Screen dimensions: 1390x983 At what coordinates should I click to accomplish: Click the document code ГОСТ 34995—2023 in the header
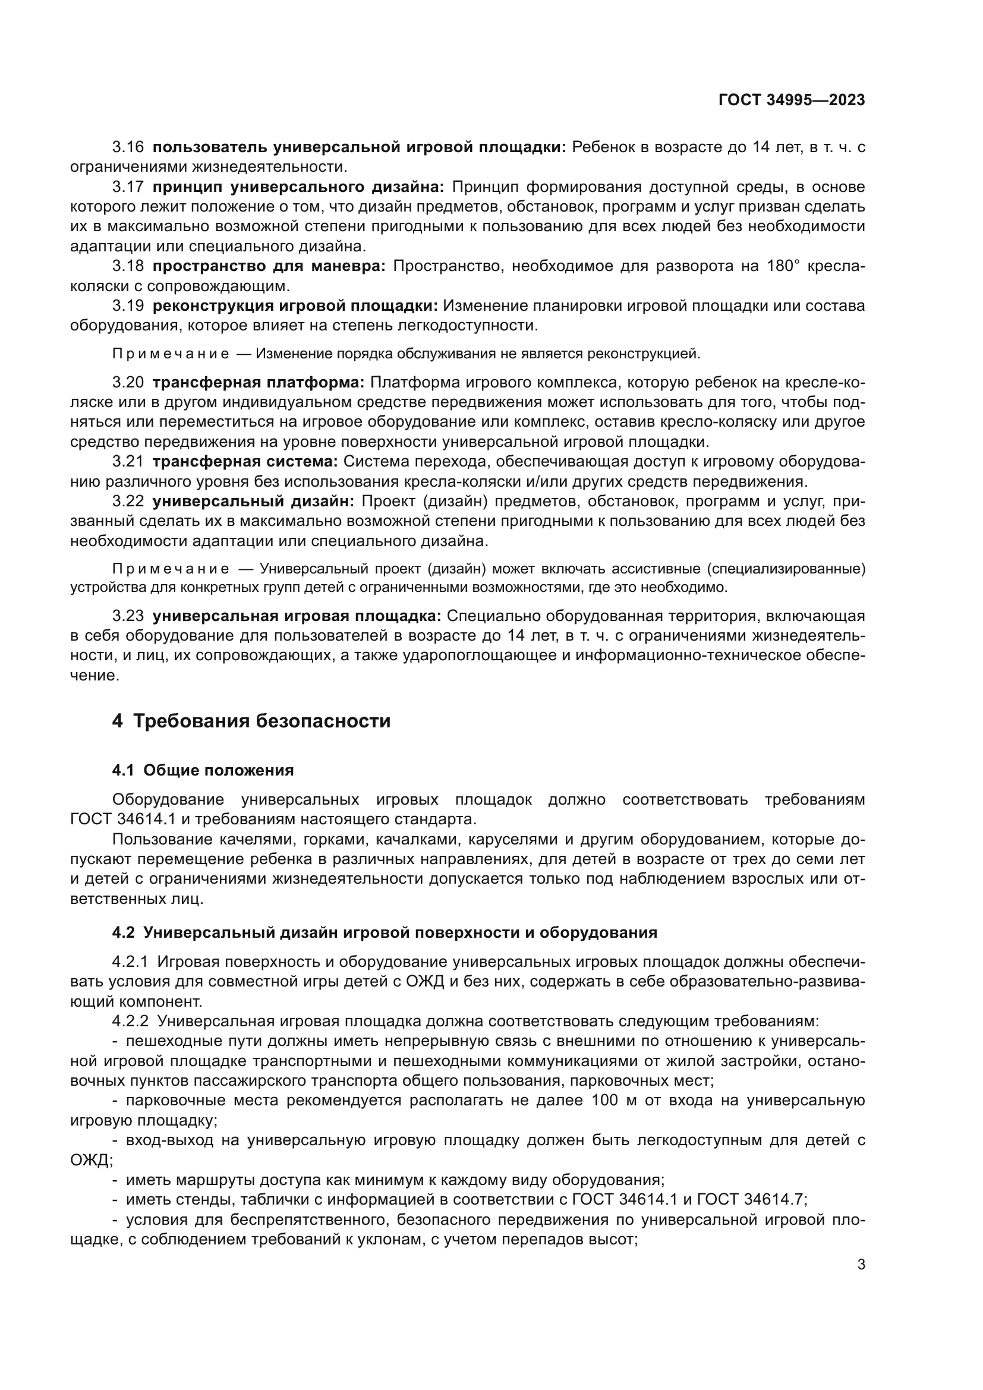[x=791, y=100]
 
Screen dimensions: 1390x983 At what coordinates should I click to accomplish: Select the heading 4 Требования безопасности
[x=251, y=721]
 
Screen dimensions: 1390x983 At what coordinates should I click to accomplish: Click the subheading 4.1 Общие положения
[x=203, y=771]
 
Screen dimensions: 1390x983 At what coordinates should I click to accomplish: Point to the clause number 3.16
[x=128, y=147]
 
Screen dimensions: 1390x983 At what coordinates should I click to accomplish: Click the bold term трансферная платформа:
[x=258, y=383]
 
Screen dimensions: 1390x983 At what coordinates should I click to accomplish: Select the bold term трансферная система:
[x=245, y=462]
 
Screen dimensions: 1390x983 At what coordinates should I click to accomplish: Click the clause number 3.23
[x=128, y=616]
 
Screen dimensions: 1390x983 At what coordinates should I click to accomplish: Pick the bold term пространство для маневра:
[x=269, y=266]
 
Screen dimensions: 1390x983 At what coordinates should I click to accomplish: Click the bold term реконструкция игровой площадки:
[x=295, y=305]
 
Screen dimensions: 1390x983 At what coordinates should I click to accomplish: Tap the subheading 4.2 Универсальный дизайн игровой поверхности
[x=385, y=932]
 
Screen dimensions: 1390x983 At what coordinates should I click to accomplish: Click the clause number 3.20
[x=128, y=383]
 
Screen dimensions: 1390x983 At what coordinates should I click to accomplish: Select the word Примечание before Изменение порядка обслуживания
[x=171, y=354]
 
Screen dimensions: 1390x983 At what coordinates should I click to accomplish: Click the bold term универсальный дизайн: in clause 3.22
[x=253, y=502]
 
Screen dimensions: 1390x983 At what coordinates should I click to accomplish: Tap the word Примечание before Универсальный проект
[x=171, y=569]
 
